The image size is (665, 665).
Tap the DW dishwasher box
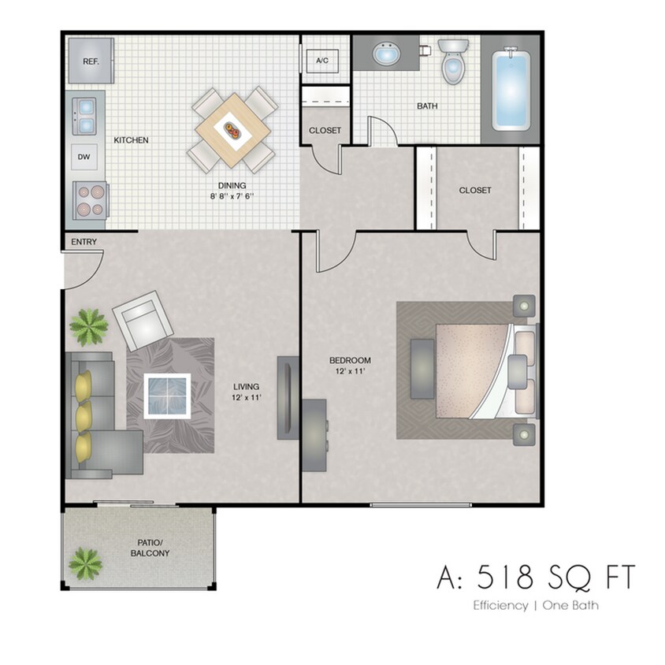click(84, 157)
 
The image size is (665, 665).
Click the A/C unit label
click(322, 61)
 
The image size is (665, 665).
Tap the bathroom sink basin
click(386, 54)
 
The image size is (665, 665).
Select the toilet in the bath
click(452, 63)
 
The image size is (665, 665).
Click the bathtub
click(511, 90)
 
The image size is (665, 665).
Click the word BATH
click(427, 106)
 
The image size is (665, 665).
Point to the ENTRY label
click(84, 242)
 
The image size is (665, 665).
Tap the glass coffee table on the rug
click(169, 394)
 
